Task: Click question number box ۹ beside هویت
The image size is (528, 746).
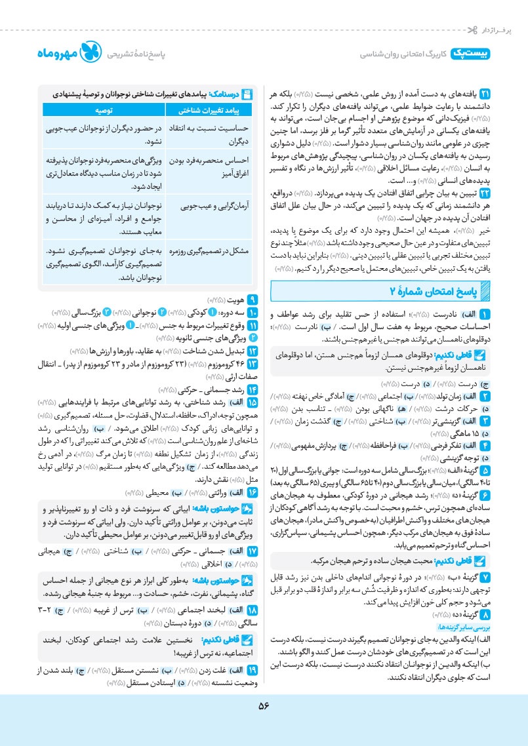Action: pos(253,294)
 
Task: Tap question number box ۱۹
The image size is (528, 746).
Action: pos(253,670)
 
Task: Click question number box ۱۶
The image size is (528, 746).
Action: pos(253,473)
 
